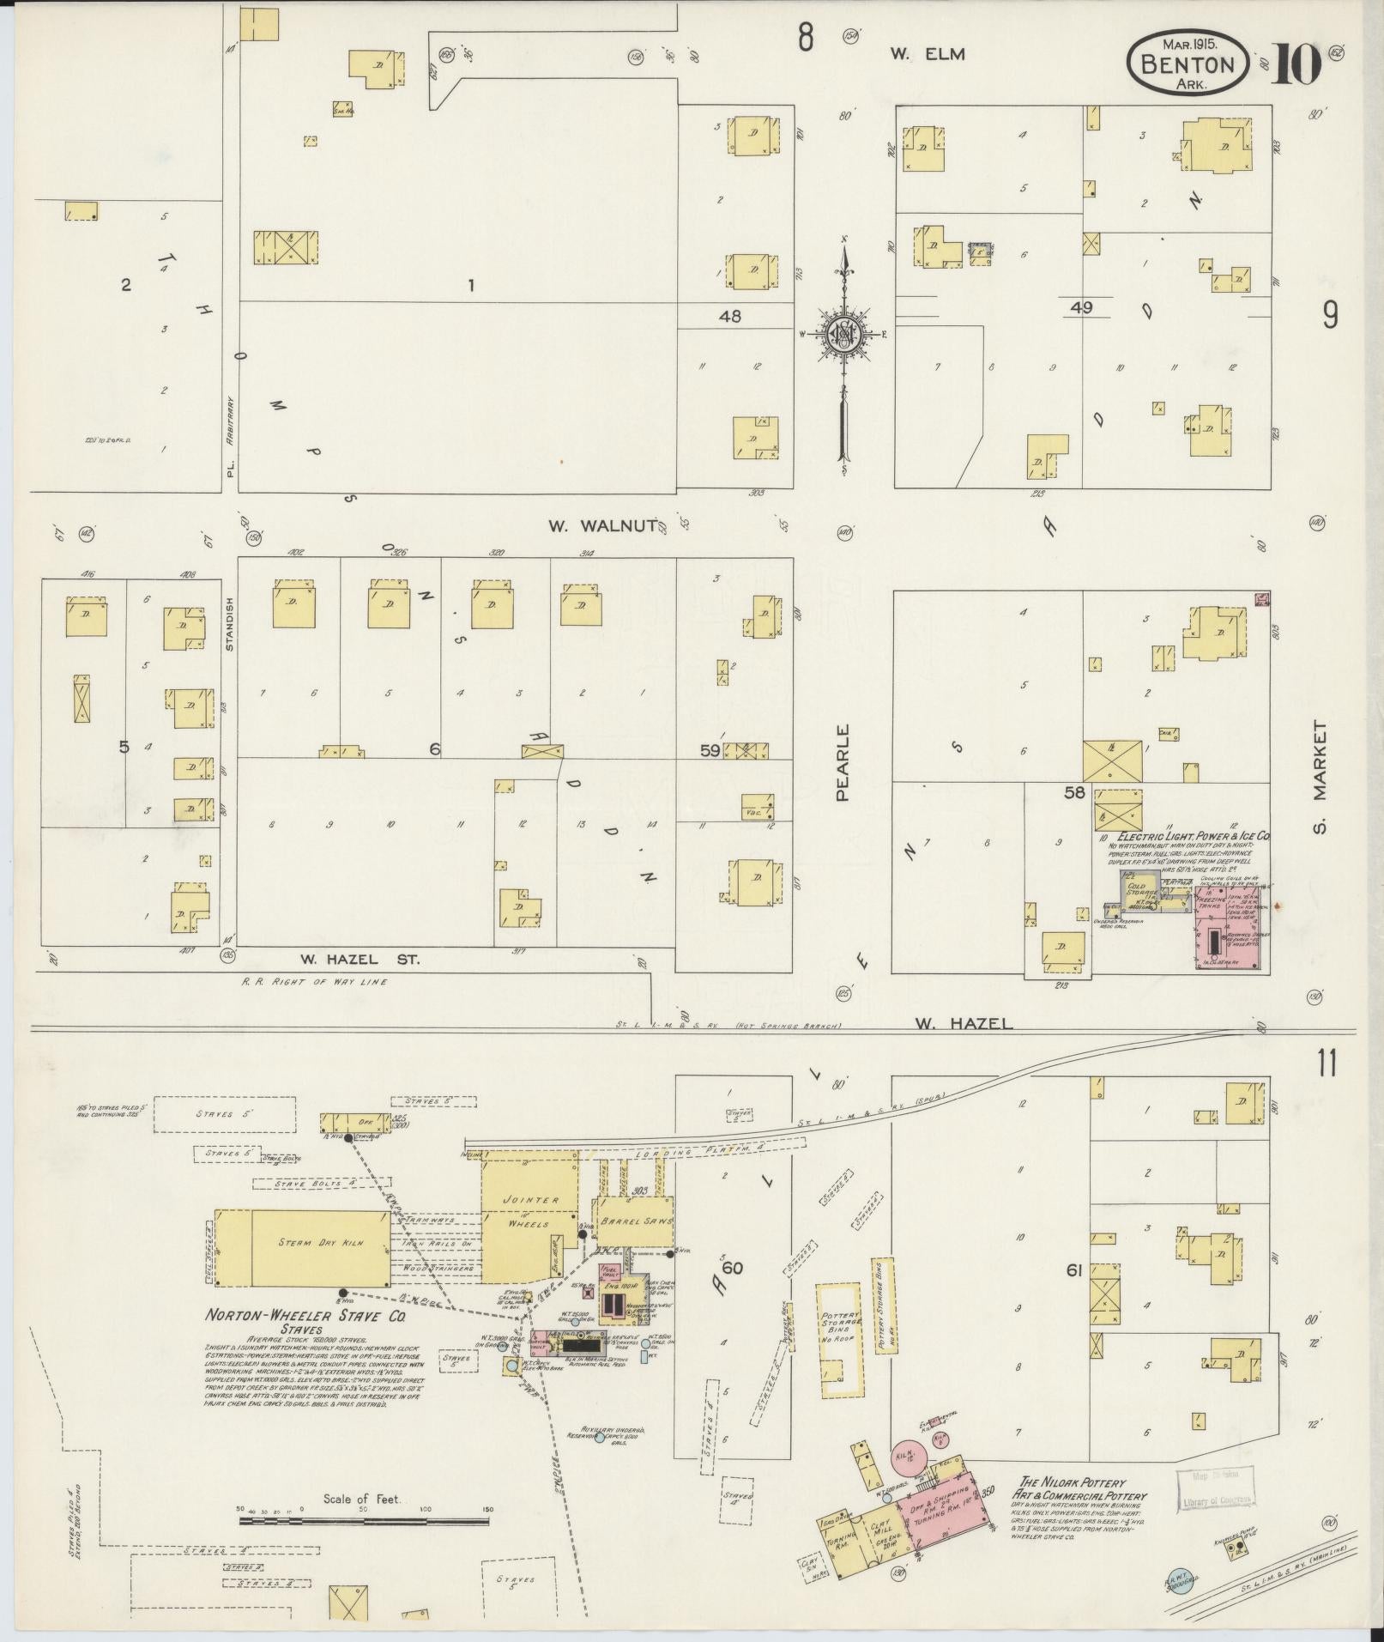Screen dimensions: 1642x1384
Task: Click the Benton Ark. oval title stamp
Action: tap(1188, 63)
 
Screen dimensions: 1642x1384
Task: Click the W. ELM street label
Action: tap(927, 54)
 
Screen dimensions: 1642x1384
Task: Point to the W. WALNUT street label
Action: tap(604, 525)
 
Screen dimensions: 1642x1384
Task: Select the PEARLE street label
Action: tap(843, 762)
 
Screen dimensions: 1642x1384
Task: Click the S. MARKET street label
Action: tap(1319, 777)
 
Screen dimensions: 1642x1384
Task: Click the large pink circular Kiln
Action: tap(903, 1457)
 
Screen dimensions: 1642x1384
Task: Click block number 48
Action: tap(730, 316)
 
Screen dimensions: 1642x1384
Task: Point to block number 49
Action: tap(1081, 307)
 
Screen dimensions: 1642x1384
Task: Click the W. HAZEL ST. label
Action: tap(360, 959)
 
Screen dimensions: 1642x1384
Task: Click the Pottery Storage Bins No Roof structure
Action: tap(837, 1341)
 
